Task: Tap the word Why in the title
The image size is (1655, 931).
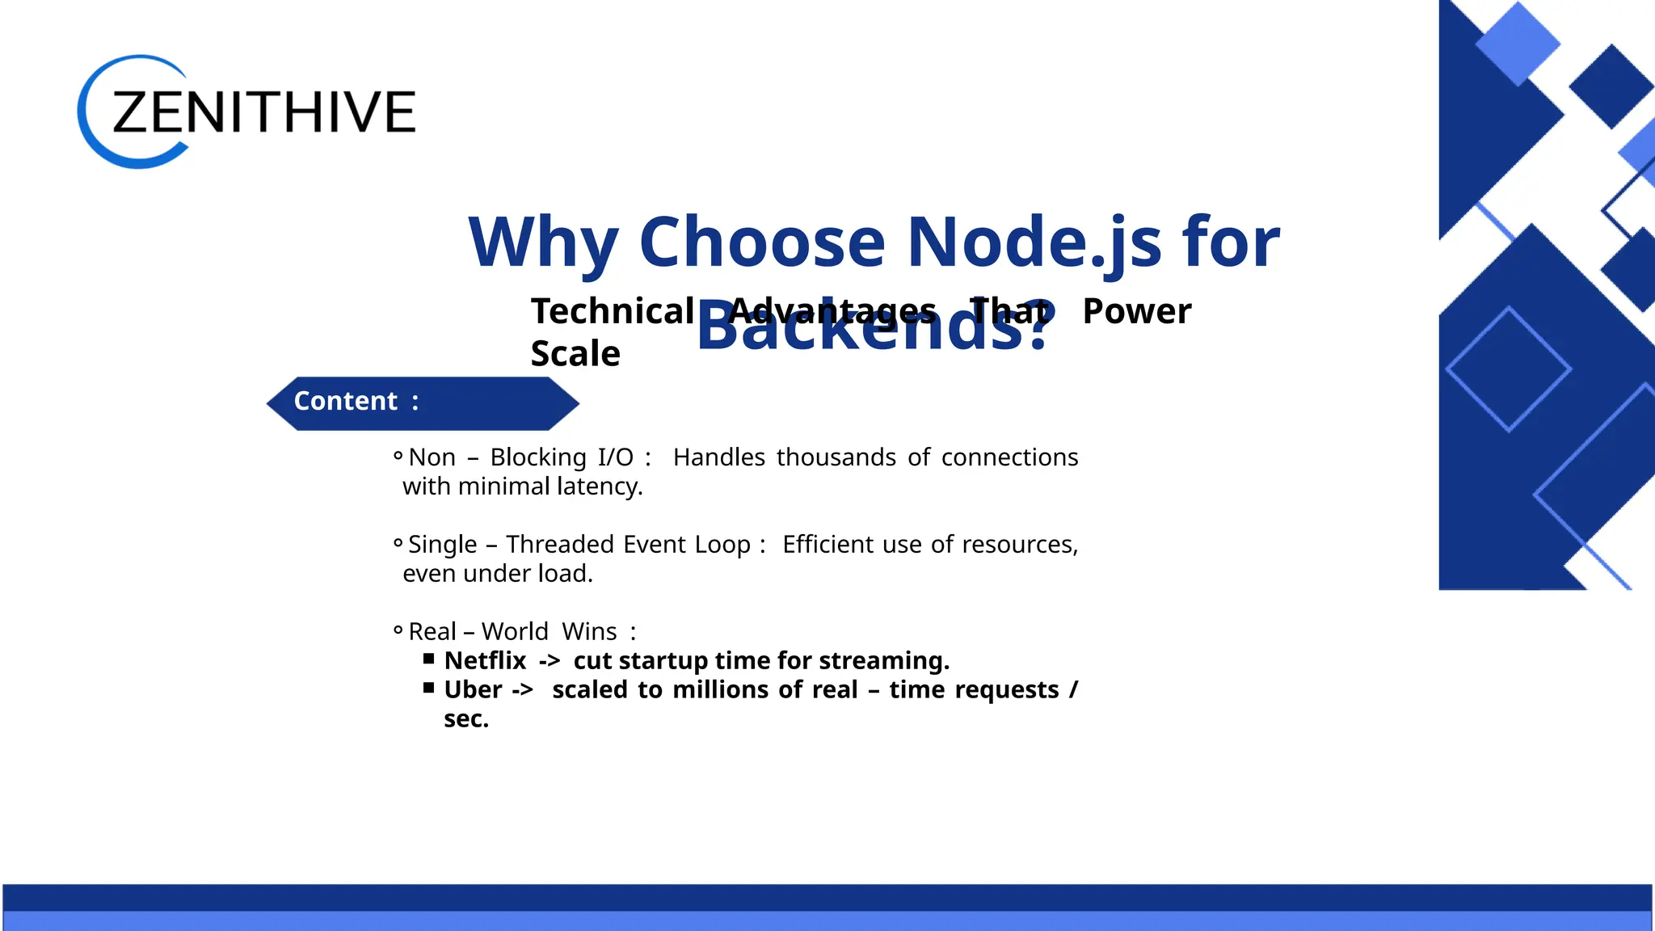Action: [543, 242]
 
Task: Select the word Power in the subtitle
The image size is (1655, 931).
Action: [1136, 311]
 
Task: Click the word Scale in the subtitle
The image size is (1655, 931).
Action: [575, 354]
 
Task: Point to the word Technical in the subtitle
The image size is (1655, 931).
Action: [613, 311]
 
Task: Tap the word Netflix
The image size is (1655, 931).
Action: [485, 661]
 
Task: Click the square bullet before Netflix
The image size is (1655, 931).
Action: [429, 659]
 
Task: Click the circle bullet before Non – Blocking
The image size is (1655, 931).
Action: [398, 457]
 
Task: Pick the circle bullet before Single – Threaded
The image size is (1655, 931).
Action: [398, 543]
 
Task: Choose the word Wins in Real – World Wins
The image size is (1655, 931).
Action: [589, 632]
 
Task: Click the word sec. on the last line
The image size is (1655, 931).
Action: [466, 719]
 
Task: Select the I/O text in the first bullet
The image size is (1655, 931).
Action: [615, 457]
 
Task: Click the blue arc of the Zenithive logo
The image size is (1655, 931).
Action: [89, 137]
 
